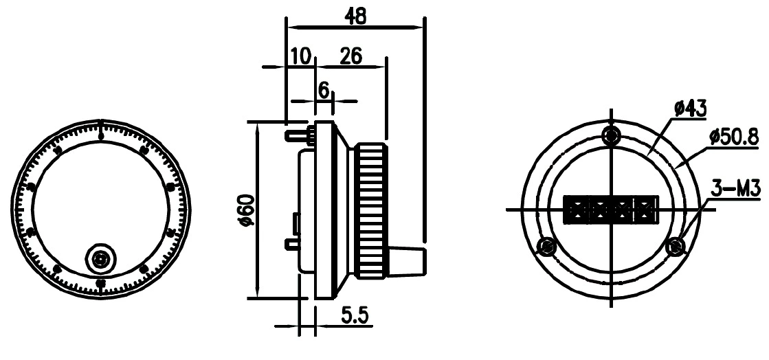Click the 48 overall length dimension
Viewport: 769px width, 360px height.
coord(355,17)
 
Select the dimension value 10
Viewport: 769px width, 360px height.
coord(300,56)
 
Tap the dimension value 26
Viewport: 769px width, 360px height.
coord(351,56)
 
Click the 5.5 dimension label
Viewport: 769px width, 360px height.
coord(355,317)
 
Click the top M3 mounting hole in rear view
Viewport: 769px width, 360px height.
coord(610,135)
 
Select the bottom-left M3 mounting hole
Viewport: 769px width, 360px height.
coord(547,245)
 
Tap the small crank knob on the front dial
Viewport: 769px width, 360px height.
coord(100,258)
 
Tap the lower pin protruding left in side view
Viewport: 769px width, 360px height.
coord(291,243)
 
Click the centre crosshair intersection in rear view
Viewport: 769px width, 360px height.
coord(610,208)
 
